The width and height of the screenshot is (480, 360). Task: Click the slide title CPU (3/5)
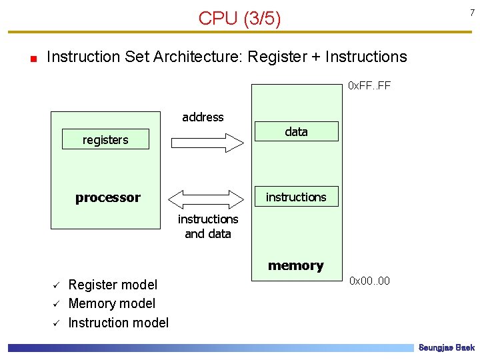coord(239,18)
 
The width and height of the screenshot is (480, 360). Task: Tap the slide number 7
coord(471,13)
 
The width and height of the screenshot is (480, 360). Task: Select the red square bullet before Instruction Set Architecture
coord(33,58)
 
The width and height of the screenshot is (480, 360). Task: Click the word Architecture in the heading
coord(197,57)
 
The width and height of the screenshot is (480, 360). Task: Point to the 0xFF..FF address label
coord(369,85)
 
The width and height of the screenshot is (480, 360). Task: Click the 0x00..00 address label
coord(370,281)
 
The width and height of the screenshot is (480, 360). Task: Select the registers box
coord(105,139)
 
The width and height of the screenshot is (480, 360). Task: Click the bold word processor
coord(107,197)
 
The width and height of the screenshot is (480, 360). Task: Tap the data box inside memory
coord(296,132)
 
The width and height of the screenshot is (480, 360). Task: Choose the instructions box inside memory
coord(296,197)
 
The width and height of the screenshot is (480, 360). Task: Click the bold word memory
coord(295,265)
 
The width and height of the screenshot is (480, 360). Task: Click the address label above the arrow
coord(203,117)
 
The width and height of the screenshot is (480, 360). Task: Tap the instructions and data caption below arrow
coord(207,226)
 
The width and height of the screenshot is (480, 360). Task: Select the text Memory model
coord(112,304)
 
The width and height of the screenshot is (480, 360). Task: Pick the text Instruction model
coord(119,323)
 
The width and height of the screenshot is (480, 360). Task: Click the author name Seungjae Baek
coord(446,348)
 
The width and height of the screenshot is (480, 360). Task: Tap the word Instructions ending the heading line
coord(367,57)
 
